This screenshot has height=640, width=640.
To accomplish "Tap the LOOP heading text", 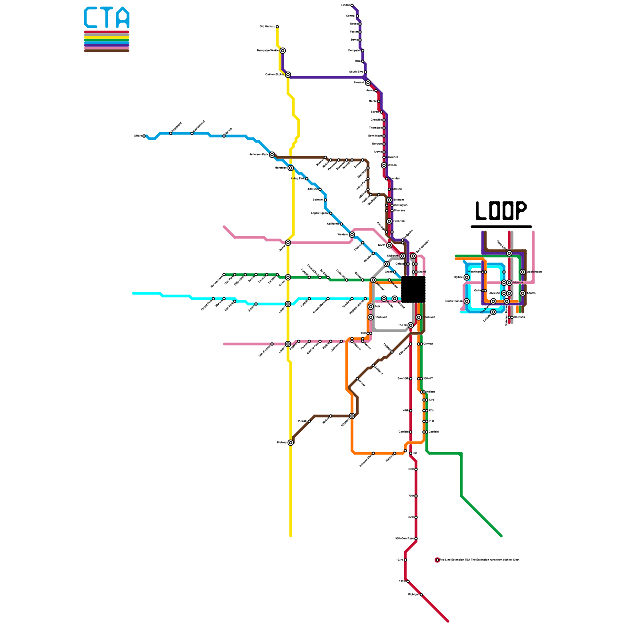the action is (501, 211).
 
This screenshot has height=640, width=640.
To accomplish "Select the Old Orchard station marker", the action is (277, 27).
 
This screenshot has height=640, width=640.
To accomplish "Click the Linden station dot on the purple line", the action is (352, 5).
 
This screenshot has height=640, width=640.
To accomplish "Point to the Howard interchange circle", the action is (368, 83).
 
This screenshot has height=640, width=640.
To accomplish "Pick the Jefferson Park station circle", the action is (272, 155).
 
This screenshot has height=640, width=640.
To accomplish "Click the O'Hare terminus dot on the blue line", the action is (144, 136).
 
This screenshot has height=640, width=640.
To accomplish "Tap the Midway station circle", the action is (291, 442).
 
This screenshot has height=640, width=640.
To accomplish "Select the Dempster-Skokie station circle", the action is (283, 51).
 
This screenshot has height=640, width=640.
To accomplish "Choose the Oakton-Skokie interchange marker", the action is (288, 75).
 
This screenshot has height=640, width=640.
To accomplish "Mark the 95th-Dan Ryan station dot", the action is (416, 539).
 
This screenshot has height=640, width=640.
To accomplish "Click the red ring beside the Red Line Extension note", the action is (437, 560).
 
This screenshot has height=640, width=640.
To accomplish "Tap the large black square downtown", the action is (413, 289).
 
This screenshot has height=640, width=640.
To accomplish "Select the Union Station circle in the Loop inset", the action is (467, 301).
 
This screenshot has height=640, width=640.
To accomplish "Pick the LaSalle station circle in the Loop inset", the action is (493, 312).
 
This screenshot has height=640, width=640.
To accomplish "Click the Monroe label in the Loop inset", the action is (518, 283).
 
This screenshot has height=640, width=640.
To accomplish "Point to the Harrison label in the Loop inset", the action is (519, 317).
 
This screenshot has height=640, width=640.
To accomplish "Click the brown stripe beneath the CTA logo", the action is (106, 50).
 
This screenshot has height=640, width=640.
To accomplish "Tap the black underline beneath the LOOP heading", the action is (501, 226).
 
